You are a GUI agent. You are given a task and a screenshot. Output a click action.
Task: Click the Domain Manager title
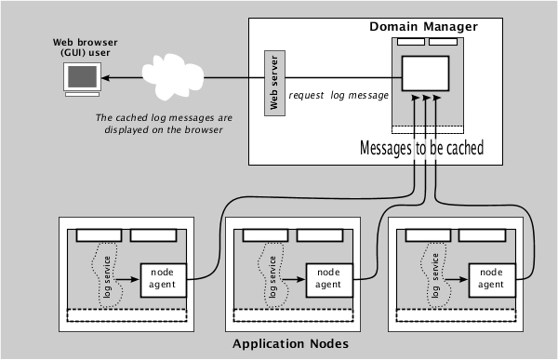423,26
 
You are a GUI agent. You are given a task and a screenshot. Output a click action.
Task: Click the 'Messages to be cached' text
421,148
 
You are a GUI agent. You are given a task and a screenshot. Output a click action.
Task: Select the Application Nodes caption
290,343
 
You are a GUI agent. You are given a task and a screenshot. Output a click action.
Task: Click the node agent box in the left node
163,275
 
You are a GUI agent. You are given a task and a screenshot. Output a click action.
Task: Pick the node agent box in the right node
492,275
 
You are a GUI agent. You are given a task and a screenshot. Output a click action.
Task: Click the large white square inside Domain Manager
425,73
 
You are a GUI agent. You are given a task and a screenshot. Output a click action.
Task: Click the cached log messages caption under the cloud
165,124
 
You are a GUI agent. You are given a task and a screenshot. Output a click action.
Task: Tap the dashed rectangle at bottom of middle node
294,313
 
